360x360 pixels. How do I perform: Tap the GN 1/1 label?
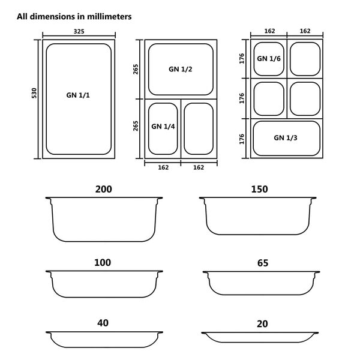point(78,95)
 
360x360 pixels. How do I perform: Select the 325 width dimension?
point(78,31)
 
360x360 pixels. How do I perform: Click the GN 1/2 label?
point(180,69)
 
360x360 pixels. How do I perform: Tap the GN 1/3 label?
point(286,137)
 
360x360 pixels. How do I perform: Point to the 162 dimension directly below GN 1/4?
point(163,167)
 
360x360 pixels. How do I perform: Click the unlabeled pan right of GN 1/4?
point(198,128)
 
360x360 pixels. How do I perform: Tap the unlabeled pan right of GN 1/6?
point(305,58)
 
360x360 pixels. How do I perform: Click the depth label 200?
point(103,190)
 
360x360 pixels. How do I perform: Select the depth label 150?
point(259,190)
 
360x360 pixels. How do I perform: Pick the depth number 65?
point(262,263)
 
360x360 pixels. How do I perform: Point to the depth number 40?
point(103,323)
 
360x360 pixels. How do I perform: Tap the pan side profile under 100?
point(104,284)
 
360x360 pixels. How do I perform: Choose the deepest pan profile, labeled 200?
point(104,219)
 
